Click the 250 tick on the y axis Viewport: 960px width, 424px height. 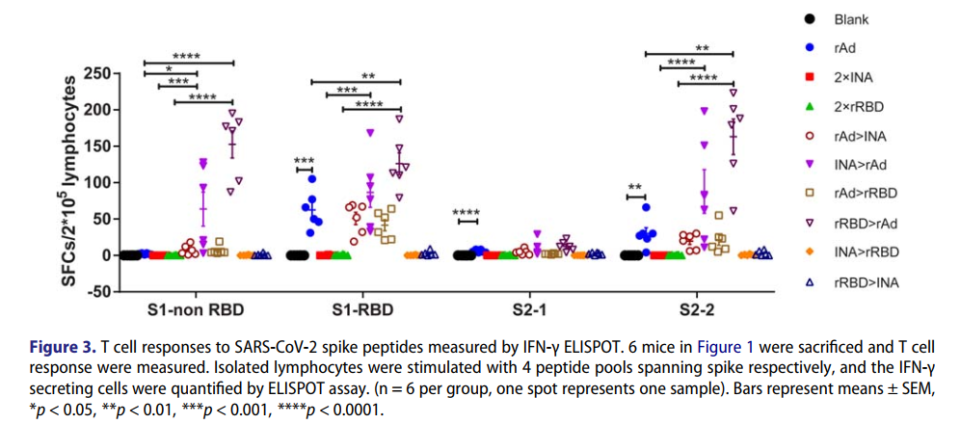point(95,73)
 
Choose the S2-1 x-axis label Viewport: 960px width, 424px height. point(528,310)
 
